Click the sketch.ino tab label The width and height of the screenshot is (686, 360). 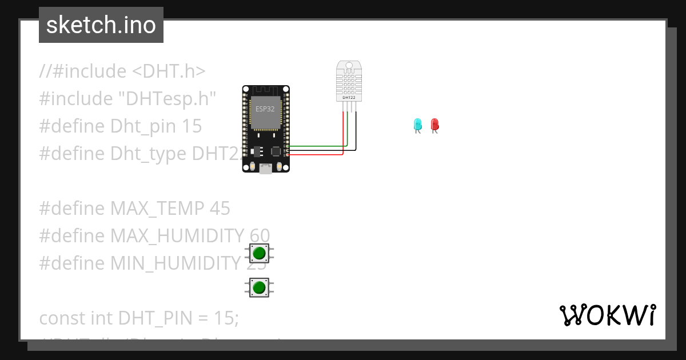click(101, 25)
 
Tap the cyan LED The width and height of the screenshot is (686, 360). click(418, 124)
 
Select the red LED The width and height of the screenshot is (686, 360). click(434, 124)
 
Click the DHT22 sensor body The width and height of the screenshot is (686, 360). click(349, 81)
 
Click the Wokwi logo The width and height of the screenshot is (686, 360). click(607, 315)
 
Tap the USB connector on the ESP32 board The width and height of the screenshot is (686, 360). click(265, 169)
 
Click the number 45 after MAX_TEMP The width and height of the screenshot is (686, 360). click(220, 209)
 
